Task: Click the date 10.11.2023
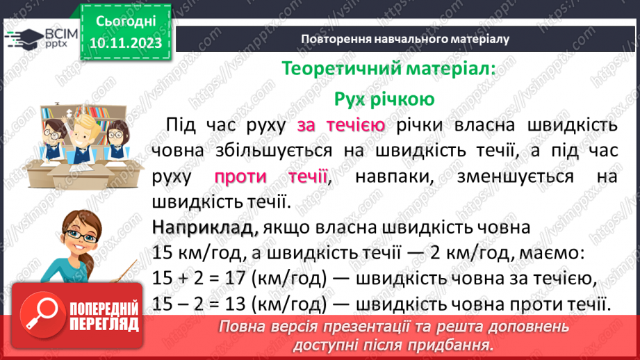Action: pyautogui.click(x=126, y=43)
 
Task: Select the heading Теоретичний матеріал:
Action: pyautogui.click(x=388, y=68)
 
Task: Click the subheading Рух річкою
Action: pyautogui.click(x=384, y=99)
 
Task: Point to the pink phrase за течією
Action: pyautogui.click(x=340, y=125)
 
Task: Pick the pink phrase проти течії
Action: pyautogui.click(x=270, y=177)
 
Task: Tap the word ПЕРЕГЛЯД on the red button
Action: pyautogui.click(x=104, y=324)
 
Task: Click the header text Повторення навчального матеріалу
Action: pyautogui.click(x=405, y=39)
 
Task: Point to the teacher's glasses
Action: pyautogui.click(x=83, y=236)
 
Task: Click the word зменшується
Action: pyautogui.click(x=515, y=177)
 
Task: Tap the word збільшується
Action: pyautogui.click(x=274, y=151)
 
